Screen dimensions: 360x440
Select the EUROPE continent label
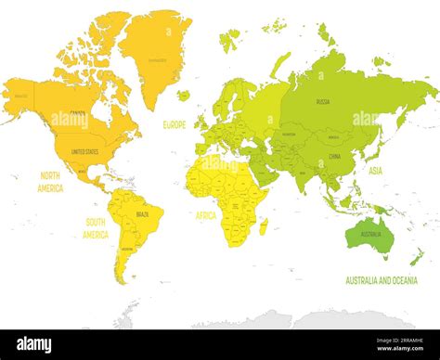pos(175,123)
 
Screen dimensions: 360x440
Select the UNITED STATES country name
pos(85,150)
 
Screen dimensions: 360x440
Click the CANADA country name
pos(78,114)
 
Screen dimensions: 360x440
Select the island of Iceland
pos(183,95)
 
